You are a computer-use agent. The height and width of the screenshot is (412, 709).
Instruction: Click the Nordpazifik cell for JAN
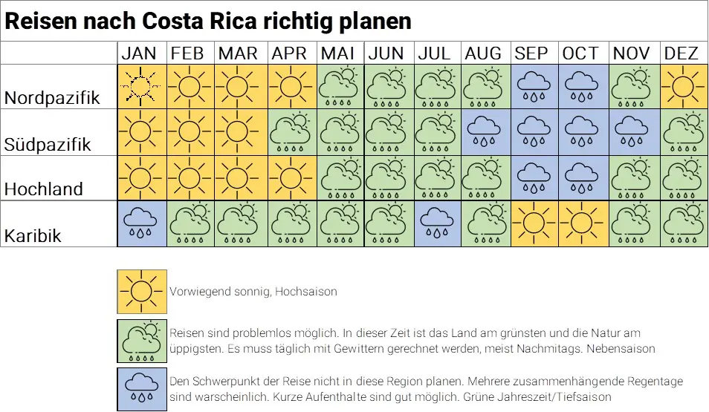[x=141, y=88]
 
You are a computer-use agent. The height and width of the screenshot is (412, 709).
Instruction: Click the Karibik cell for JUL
[x=437, y=223]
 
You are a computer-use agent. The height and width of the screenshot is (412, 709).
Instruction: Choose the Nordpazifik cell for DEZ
[x=682, y=88]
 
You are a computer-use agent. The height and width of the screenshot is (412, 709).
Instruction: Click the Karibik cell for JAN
[x=141, y=223]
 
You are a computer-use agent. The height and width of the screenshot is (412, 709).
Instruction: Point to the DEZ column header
[x=682, y=53]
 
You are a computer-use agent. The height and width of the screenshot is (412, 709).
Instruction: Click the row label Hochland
[x=44, y=189]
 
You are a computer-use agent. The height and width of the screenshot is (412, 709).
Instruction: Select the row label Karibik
[x=33, y=236]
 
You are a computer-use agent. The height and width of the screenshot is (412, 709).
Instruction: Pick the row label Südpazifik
[x=48, y=144]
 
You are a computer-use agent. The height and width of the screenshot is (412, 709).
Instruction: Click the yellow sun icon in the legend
[x=141, y=292]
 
